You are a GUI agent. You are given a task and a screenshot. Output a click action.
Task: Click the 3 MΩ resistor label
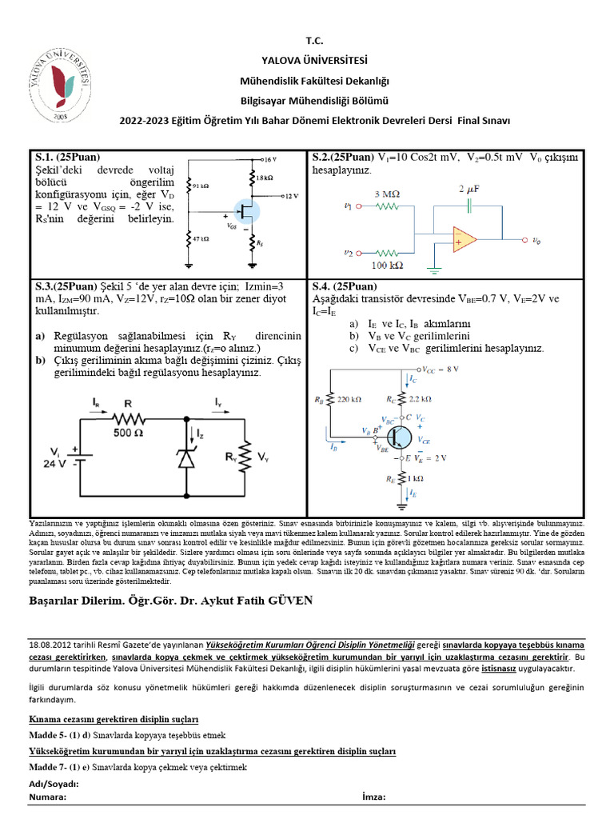386,194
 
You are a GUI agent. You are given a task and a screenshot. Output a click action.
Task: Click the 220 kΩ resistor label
349,398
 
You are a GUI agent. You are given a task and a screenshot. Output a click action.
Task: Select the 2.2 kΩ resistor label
420,398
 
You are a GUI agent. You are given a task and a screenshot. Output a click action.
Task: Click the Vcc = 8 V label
441,370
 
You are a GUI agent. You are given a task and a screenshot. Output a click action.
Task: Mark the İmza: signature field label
374,797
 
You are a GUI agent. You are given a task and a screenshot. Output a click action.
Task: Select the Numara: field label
48,797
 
